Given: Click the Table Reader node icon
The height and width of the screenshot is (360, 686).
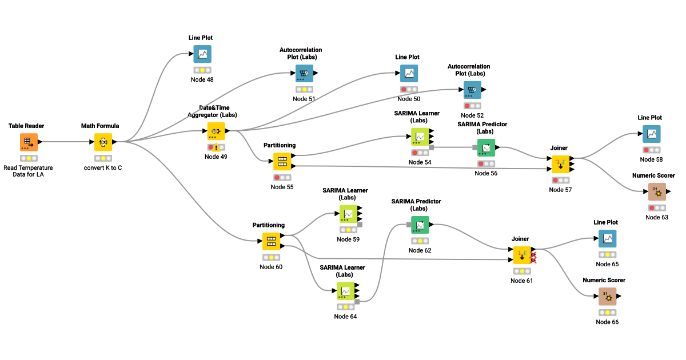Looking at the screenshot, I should (x=29, y=142).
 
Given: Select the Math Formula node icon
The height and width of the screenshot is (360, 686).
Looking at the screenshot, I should (x=103, y=142).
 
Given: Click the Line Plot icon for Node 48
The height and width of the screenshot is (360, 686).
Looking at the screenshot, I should (x=202, y=54).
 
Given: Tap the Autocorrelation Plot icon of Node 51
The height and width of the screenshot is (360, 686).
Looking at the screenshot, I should (x=304, y=73).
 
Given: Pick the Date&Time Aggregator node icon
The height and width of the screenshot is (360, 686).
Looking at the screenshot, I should (x=216, y=131).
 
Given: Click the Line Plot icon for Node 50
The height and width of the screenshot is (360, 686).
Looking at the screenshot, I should (x=409, y=73).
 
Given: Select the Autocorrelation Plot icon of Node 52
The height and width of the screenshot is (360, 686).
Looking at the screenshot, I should (x=472, y=90).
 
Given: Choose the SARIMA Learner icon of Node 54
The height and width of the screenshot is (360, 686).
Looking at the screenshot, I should (x=420, y=137).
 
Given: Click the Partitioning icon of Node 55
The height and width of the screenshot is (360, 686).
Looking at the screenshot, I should (x=282, y=162).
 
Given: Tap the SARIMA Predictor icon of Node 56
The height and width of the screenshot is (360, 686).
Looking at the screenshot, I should (x=486, y=147).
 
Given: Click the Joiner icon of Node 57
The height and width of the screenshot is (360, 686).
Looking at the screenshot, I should (x=560, y=164).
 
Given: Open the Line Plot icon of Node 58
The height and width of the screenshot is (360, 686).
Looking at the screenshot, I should (x=651, y=134).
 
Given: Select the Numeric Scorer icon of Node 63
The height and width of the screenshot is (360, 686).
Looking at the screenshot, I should (x=657, y=192).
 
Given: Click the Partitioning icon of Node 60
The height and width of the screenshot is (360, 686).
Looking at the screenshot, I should (x=271, y=241).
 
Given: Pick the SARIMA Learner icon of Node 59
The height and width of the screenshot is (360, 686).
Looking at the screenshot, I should (x=348, y=214).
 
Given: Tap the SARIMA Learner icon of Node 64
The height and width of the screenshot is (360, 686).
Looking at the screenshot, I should (x=345, y=291).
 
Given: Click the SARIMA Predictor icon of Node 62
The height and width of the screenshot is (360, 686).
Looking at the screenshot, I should (x=420, y=225).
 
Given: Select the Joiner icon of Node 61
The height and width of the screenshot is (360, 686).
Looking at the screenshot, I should (x=522, y=255).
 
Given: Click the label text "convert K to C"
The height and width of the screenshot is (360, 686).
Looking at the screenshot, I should (x=103, y=168).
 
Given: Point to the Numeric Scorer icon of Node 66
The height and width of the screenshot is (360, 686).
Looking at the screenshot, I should (x=607, y=297).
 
